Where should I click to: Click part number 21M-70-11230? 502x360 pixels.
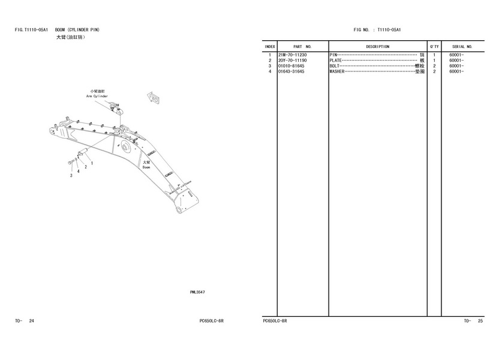pyautogui.click(x=291, y=55)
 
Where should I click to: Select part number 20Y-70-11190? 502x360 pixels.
pyautogui.click(x=291, y=61)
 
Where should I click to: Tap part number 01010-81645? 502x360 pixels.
pyautogui.click(x=291, y=66)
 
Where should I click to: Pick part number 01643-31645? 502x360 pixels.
pyautogui.click(x=291, y=71)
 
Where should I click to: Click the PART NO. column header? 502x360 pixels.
pyautogui.click(x=302, y=46)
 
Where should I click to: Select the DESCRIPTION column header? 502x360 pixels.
pyautogui.click(x=377, y=46)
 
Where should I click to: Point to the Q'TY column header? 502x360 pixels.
pyautogui.click(x=434, y=46)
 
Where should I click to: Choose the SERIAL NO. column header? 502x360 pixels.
pyautogui.click(x=462, y=46)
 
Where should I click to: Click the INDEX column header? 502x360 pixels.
pyautogui.click(x=270, y=46)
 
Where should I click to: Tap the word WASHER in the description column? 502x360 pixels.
pyautogui.click(x=336, y=71)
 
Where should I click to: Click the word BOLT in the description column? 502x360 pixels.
pyautogui.click(x=334, y=66)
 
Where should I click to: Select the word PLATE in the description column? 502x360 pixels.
pyautogui.click(x=335, y=61)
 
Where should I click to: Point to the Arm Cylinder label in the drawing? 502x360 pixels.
pyautogui.click(x=97, y=96)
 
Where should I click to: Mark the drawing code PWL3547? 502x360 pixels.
pyautogui.click(x=198, y=292)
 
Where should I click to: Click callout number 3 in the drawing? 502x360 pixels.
pyautogui.click(x=71, y=176)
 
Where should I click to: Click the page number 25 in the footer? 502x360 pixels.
pyautogui.click(x=480, y=322)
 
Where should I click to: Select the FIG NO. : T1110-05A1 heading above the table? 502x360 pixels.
pyautogui.click(x=377, y=29)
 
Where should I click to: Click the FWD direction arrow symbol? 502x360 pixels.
pyautogui.click(x=154, y=98)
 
